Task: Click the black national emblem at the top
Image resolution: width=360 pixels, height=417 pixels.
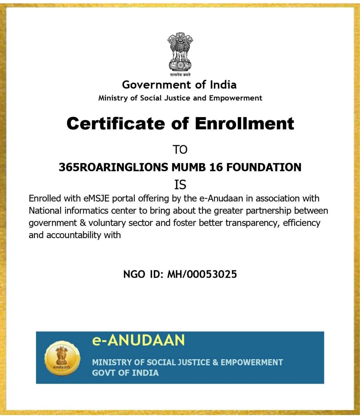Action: point(180,52)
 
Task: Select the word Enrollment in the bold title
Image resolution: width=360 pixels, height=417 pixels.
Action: point(244,124)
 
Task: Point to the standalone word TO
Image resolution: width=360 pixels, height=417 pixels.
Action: point(180,150)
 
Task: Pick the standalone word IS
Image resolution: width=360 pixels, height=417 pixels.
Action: point(180,185)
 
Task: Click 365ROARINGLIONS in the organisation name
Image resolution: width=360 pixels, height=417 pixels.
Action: point(113,167)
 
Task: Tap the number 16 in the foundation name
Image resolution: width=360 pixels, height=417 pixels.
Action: point(216,167)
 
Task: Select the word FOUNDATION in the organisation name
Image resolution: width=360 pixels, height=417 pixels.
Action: point(264,167)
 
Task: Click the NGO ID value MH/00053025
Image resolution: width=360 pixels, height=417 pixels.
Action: point(202,274)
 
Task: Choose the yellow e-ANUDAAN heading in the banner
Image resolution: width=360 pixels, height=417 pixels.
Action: point(138,340)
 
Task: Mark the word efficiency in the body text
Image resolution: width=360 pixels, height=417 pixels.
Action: point(302,223)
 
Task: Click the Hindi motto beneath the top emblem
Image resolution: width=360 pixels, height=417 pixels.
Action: point(180,75)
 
